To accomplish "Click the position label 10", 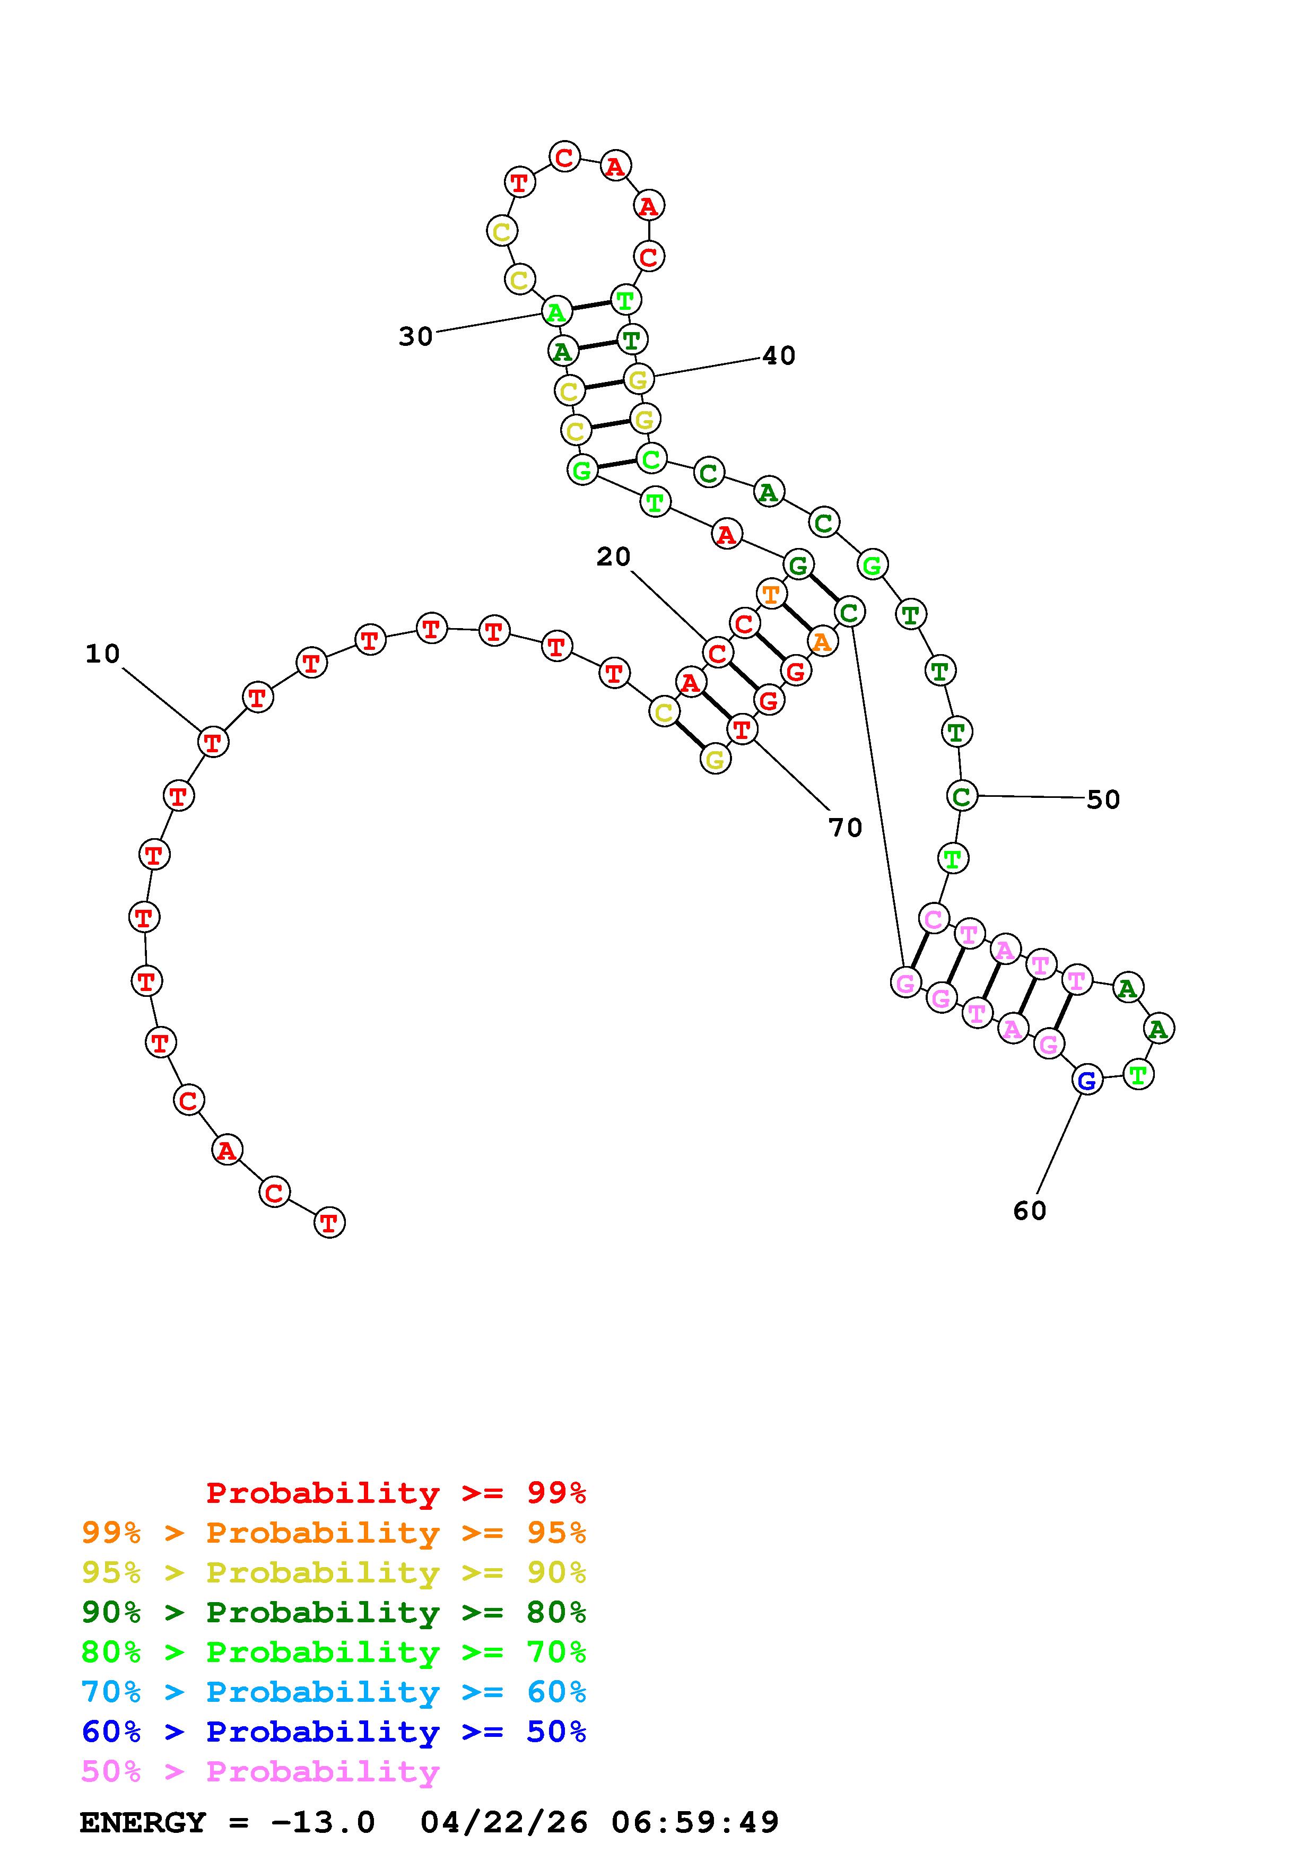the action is pyautogui.click(x=103, y=653).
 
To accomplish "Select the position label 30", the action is pyautogui.click(x=416, y=336).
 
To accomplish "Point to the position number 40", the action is pyautogui.click(x=779, y=355).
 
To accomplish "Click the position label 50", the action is pyautogui.click(x=1103, y=799).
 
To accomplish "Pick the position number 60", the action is pyautogui.click(x=1030, y=1210).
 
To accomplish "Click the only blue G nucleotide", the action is pyautogui.click(x=1087, y=1080).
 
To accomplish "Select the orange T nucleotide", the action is pyautogui.click(x=771, y=594).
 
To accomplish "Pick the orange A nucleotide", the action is pyautogui.click(x=822, y=642).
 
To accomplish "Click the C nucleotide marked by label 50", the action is pyautogui.click(x=962, y=796).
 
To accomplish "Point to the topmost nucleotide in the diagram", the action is pyautogui.click(x=565, y=155).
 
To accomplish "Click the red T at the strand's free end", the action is pyautogui.click(x=329, y=1222).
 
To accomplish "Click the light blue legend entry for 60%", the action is pyautogui.click(x=334, y=1692).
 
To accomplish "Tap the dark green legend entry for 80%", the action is pyautogui.click(x=334, y=1612).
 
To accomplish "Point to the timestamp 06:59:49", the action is pyautogui.click(x=695, y=1822).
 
